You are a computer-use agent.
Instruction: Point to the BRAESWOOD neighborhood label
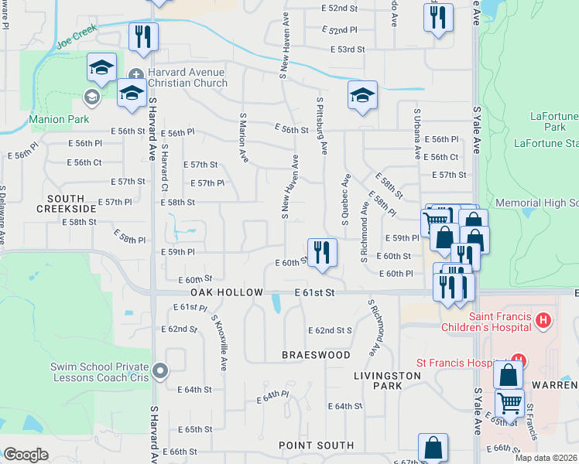[x=316, y=354]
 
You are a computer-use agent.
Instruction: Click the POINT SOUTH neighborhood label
[x=317, y=445]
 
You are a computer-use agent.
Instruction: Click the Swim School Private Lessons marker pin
[x=160, y=371]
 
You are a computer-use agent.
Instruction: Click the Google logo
[x=26, y=455]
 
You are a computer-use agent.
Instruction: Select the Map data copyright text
[x=546, y=458]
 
